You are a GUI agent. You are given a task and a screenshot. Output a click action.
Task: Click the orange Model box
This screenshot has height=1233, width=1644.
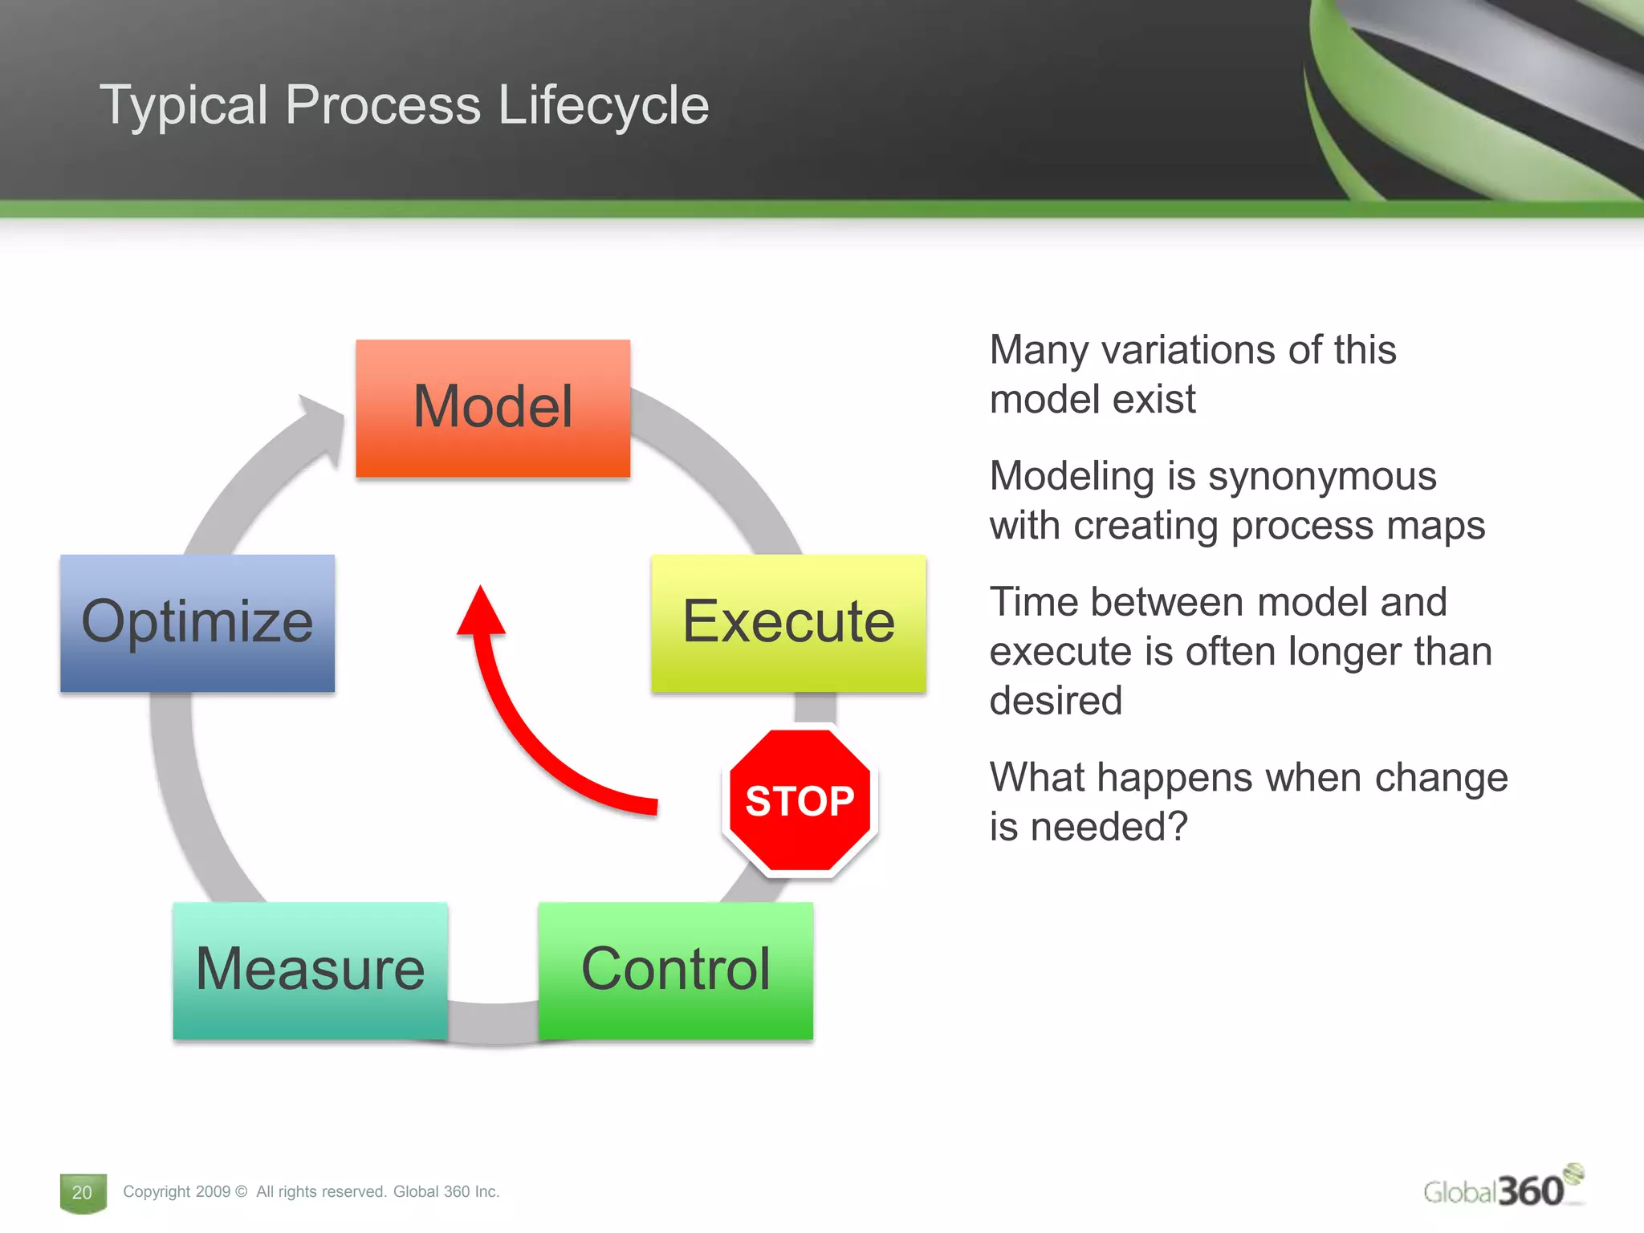click(x=493, y=408)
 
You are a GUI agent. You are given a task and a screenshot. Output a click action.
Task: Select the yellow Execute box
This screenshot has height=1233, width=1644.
click(x=788, y=623)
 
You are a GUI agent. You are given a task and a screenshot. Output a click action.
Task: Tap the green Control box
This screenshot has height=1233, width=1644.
click(x=675, y=970)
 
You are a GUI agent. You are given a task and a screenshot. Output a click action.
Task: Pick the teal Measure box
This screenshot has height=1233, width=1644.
click(x=310, y=970)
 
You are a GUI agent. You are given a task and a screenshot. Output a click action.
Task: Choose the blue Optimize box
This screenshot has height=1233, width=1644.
click(x=197, y=623)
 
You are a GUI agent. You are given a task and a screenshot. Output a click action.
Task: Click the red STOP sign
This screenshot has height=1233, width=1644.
click(x=800, y=800)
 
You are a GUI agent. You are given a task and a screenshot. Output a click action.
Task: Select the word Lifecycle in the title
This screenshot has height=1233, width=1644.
click(x=603, y=105)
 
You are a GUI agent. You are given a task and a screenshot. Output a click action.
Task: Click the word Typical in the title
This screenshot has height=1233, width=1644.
click(x=183, y=105)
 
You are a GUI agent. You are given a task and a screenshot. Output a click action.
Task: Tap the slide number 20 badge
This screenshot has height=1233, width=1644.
click(x=83, y=1192)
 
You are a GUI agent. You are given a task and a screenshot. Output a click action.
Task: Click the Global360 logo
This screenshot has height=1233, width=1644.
click(x=1501, y=1189)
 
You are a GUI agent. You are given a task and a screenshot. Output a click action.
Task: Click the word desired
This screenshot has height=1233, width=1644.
click(x=1056, y=701)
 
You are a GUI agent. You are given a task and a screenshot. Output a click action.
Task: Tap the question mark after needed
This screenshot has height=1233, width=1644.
click(x=1178, y=827)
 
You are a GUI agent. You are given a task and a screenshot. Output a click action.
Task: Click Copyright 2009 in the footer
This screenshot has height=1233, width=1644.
click(x=177, y=1192)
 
